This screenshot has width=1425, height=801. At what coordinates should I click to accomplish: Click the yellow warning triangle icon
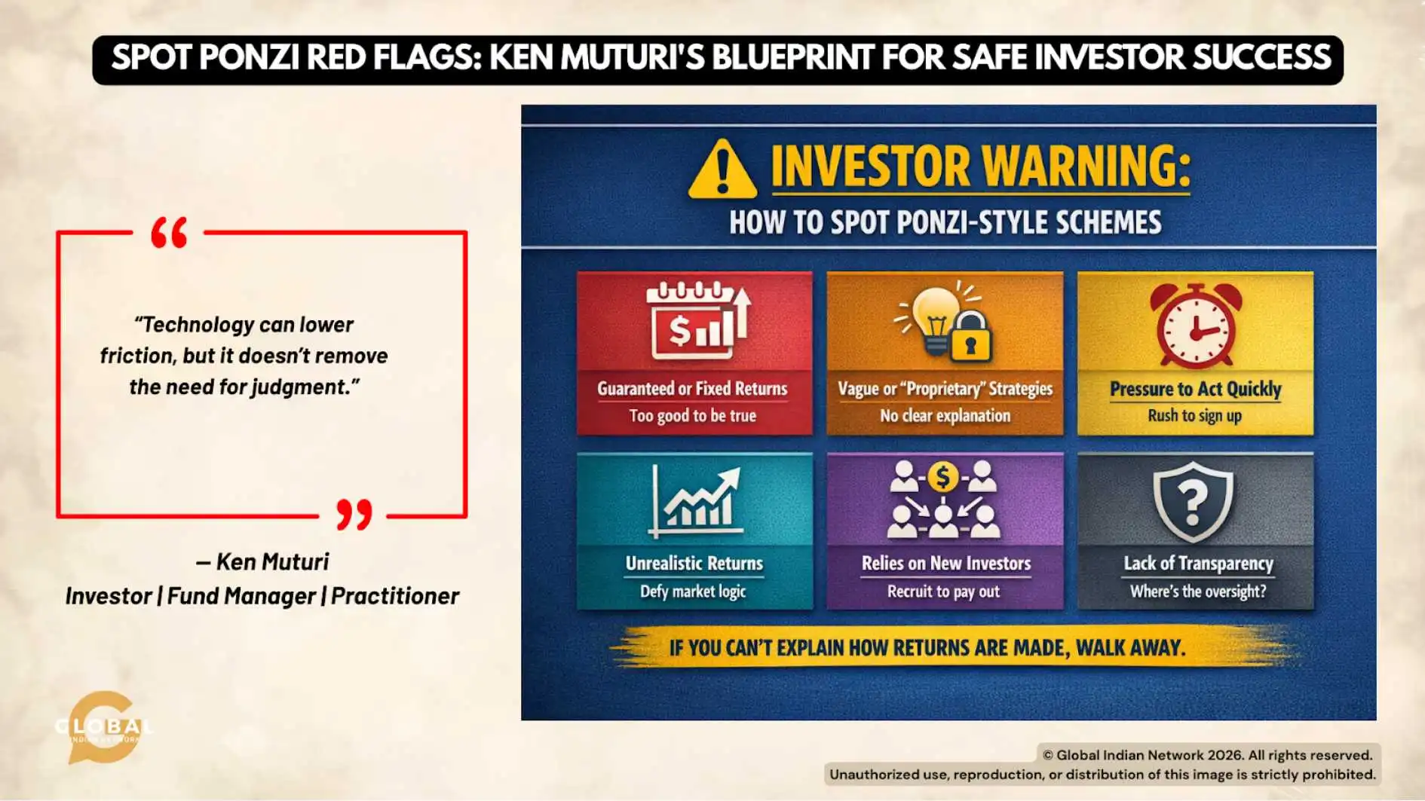pos(722,170)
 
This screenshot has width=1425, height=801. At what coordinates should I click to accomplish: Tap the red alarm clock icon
pos(1195,324)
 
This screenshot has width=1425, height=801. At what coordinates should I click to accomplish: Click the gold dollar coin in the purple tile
pos(942,477)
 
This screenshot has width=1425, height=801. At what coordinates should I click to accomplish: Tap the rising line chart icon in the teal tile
pos(696,501)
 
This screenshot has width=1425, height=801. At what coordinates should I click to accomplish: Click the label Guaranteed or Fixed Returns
pos(692,389)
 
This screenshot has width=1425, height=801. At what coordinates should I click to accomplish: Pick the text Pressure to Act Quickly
pos(1195,390)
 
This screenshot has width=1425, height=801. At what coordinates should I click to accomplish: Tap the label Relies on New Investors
pos(945,564)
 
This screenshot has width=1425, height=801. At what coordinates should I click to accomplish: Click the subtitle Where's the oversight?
pos(1197,592)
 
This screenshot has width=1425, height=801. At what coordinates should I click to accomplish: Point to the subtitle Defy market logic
pos(693,592)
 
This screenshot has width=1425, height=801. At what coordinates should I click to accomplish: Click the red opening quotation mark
pos(169,233)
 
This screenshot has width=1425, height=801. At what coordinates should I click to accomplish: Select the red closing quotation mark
pos(354,515)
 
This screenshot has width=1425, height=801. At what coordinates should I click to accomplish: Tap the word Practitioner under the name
pos(394,596)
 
